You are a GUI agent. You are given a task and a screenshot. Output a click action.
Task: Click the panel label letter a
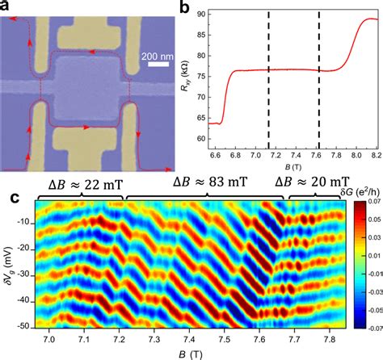point(6,7)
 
